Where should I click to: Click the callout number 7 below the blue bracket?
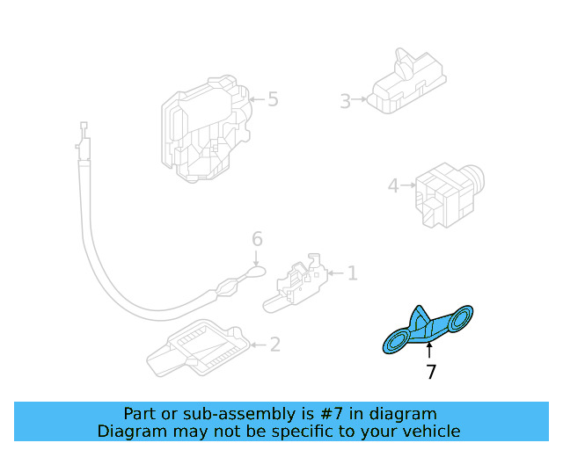[430, 373]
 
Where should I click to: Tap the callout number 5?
[273, 99]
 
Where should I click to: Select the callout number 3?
[346, 101]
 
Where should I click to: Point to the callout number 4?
[393, 185]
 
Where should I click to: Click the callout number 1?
[352, 274]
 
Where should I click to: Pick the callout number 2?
[274, 345]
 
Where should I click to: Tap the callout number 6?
[257, 239]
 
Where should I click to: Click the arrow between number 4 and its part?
[407, 185]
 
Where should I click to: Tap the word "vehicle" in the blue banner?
[430, 431]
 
